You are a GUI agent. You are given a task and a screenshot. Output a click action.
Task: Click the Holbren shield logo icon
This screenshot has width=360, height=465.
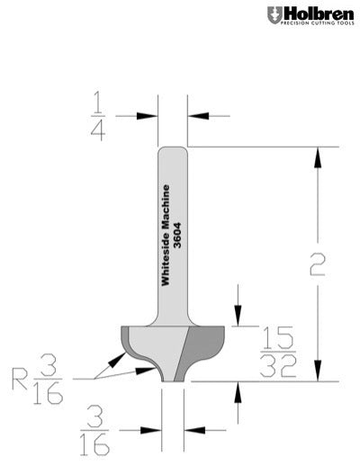pos(274,15)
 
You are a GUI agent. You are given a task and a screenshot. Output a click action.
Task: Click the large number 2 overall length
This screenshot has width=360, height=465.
pos(316,264)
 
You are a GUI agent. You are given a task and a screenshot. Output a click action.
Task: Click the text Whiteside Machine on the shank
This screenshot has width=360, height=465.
pos(166,232)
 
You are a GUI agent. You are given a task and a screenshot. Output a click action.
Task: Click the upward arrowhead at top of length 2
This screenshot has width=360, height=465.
pos(316,158)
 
